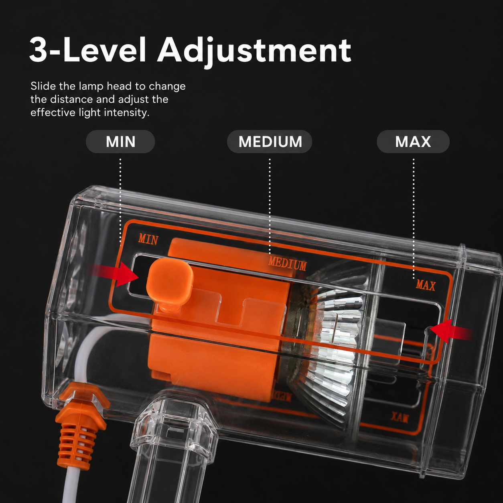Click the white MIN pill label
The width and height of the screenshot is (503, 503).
[x=120, y=142]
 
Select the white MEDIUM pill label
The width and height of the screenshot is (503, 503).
[x=270, y=142]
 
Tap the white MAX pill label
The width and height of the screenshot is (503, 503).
[x=413, y=142]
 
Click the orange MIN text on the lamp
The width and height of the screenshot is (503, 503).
[x=148, y=239]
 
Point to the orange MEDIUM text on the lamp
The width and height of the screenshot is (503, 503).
[x=287, y=264]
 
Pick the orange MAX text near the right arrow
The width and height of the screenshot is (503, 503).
[x=426, y=285]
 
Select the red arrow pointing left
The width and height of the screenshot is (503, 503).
[x=452, y=331]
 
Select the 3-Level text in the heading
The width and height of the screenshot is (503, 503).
[x=88, y=50]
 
